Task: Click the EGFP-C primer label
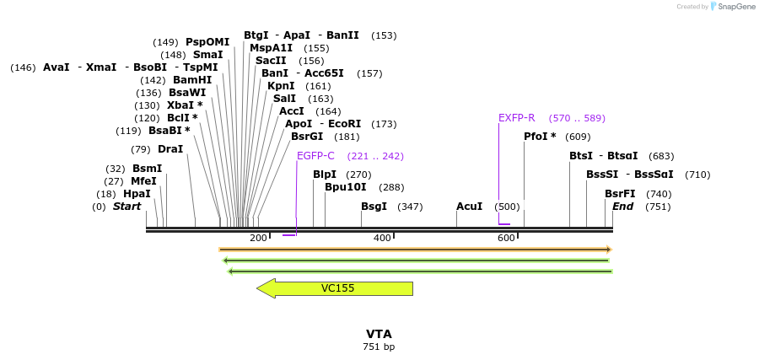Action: coord(315,156)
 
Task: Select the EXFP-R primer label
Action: coord(516,118)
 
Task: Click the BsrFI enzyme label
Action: coord(620,194)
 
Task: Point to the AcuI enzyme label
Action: coord(469,207)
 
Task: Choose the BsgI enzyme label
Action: coord(374,207)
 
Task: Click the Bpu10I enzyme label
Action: coord(345,187)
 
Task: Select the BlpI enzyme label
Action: coord(325,175)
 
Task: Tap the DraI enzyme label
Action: coord(170,149)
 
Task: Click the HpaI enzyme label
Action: coord(137,194)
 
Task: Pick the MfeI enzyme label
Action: coord(143,181)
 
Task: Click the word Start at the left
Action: coord(127,207)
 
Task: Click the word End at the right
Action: coord(622,207)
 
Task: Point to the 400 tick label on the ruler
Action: coord(382,239)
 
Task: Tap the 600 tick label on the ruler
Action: coord(506,239)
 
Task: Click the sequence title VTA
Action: coord(379,334)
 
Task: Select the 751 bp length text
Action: coord(379,347)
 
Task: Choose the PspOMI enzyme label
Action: coord(207,42)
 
